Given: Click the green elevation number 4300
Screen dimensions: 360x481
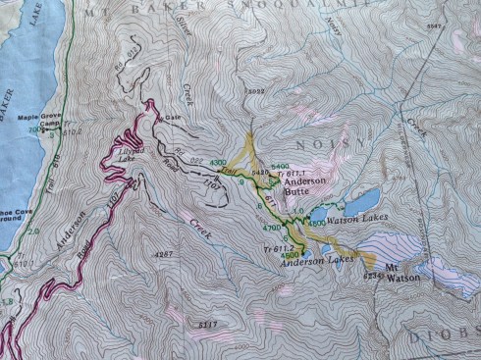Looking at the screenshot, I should pyautogui.click(x=218, y=161).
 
